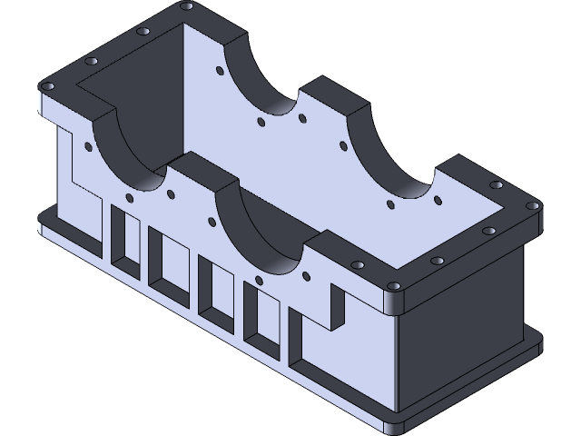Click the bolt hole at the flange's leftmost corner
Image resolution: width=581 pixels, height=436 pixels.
click(x=49, y=88)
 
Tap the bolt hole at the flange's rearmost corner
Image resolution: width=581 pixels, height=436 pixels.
click(x=186, y=6)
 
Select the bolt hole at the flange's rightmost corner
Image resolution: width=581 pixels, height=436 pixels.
click(x=534, y=205)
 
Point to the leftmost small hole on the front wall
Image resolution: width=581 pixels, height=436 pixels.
click(x=88, y=144)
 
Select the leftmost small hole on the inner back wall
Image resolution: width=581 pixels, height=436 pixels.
click(x=221, y=69)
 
